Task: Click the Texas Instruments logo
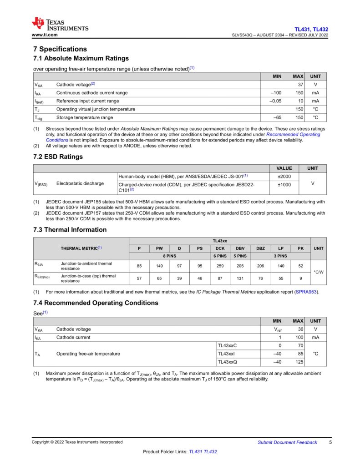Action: coord(60,24)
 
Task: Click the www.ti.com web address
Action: coord(44,35)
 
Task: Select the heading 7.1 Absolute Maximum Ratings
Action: coord(81,58)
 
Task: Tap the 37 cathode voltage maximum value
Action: coord(300,84)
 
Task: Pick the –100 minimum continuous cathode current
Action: coord(276,93)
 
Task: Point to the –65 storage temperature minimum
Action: coord(277,117)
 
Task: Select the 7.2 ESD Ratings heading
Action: coord(58,157)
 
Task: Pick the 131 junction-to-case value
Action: coord(240,278)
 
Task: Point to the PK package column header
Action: coord(300,248)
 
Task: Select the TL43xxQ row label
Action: coord(227,362)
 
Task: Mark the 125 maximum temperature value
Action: coord(299,362)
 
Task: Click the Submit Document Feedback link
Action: coord(287,442)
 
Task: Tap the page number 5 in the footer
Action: coord(330,442)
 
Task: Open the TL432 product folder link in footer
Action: coord(210,452)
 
